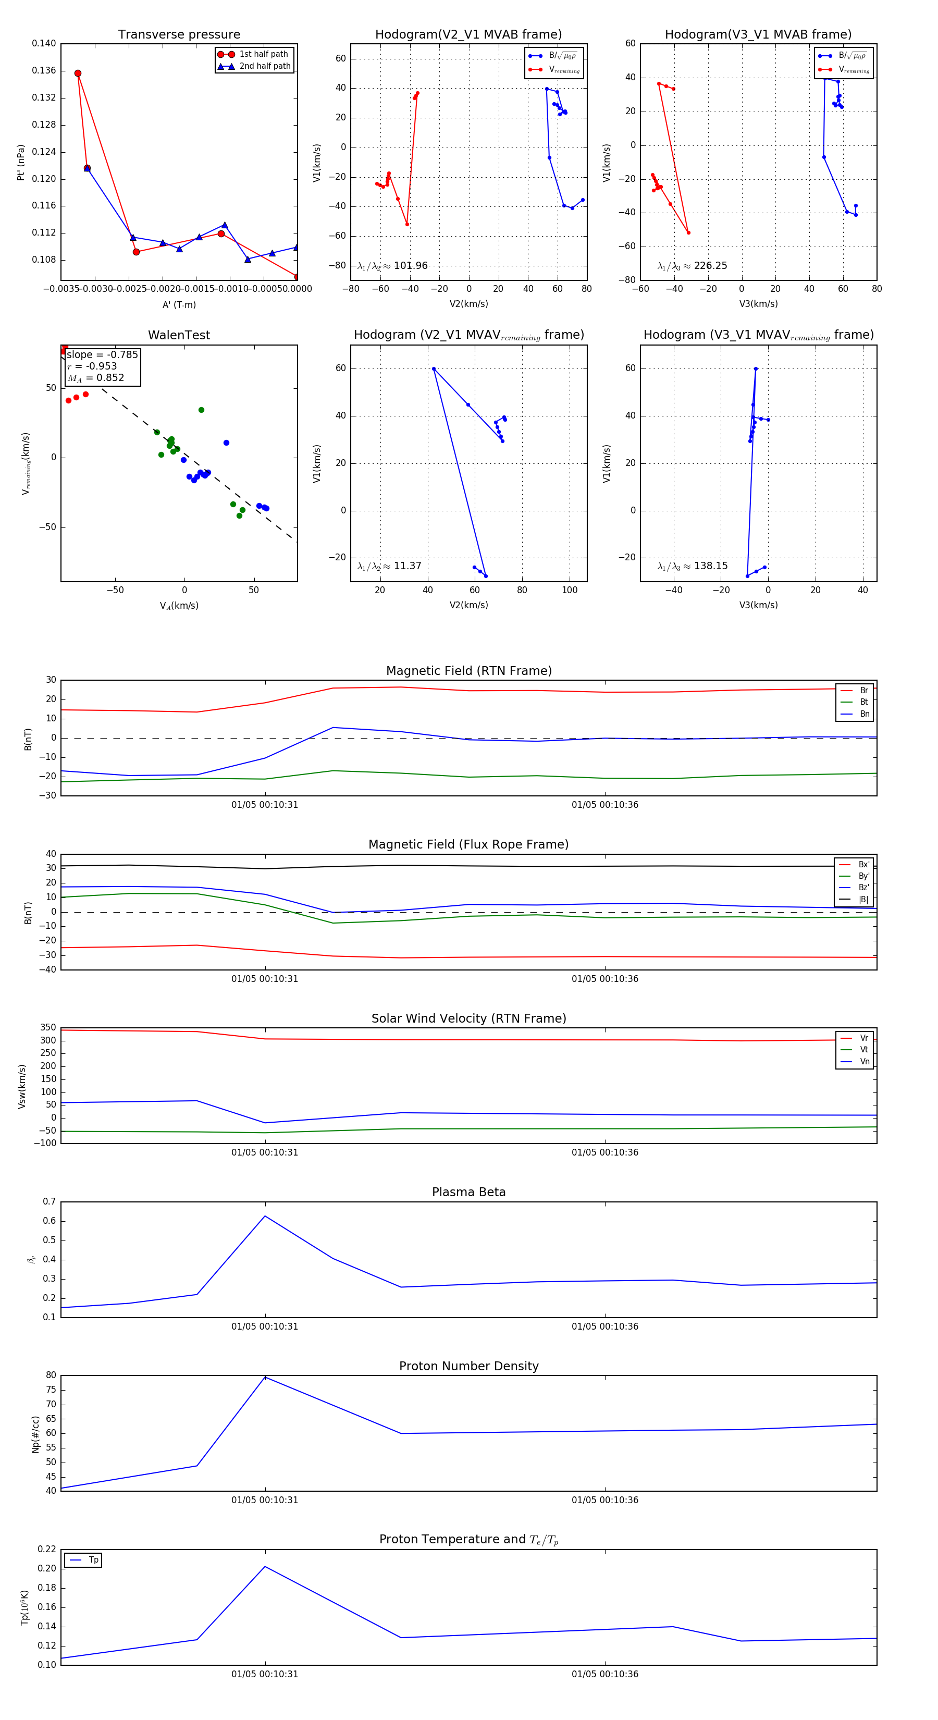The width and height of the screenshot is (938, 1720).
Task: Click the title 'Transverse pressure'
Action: pyautogui.click(x=179, y=35)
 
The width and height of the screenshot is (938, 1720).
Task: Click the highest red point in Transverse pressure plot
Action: pyautogui.click(x=78, y=73)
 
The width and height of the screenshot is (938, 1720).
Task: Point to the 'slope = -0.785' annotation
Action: pyautogui.click(x=102, y=354)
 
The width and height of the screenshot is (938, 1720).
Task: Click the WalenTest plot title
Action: pyautogui.click(x=179, y=335)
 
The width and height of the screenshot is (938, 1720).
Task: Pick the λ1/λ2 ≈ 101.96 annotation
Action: pyautogui.click(x=392, y=266)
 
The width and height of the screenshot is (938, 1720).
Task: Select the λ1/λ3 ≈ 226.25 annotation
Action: pyautogui.click(x=693, y=266)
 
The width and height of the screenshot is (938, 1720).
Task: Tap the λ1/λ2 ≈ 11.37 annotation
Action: pyautogui.click(x=389, y=566)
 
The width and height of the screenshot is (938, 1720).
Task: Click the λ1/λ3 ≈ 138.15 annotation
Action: pyautogui.click(x=693, y=566)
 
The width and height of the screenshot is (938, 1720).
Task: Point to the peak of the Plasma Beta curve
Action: pyautogui.click(x=265, y=1216)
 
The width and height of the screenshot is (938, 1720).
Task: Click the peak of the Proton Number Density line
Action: pyautogui.click(x=265, y=1377)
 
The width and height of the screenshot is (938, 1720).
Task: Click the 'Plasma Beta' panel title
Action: pyautogui.click(x=468, y=1192)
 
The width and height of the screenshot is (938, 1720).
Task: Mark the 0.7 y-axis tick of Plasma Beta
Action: pyautogui.click(x=50, y=1202)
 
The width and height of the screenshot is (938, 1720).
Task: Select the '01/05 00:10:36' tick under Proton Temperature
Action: pyautogui.click(x=605, y=1674)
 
